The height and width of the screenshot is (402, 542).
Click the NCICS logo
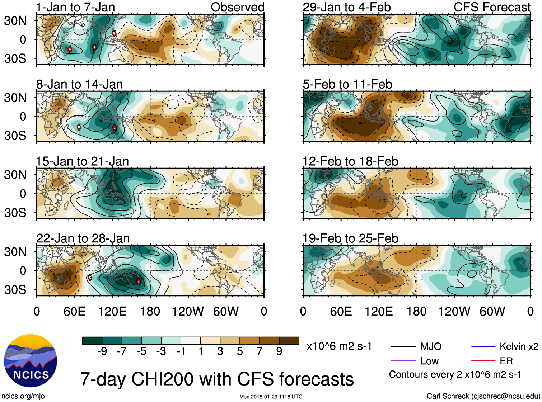coord(31,361)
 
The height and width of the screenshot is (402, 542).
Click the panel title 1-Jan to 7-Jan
coord(75,7)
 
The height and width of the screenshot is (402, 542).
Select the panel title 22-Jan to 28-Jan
coord(83,238)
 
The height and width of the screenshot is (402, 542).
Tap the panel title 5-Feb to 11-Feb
coord(347,84)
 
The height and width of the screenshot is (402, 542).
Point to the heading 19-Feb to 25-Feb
coord(350,238)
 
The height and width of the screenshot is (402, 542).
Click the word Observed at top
coord(237,7)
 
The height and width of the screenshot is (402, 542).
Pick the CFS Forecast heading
coord(492,7)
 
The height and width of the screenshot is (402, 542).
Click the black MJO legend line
coord(403,346)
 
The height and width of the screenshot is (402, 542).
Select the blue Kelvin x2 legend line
coord(483,346)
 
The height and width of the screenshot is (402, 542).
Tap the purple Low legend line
coord(403,361)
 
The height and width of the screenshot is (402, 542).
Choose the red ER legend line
coord(483,361)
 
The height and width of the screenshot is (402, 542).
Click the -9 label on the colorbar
coord(102,351)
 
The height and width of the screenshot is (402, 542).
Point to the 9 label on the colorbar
coord(279,351)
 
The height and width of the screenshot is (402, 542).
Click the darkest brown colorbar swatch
coord(289,341)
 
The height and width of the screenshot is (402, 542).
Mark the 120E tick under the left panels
coord(112,311)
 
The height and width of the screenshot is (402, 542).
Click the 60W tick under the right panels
coord(492,311)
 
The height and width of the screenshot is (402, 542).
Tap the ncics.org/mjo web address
coord(23,396)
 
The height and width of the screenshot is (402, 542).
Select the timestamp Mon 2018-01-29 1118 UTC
coord(271,397)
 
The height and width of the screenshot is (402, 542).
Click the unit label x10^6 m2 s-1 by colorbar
coord(339,346)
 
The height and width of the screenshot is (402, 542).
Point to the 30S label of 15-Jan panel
coord(15,213)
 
